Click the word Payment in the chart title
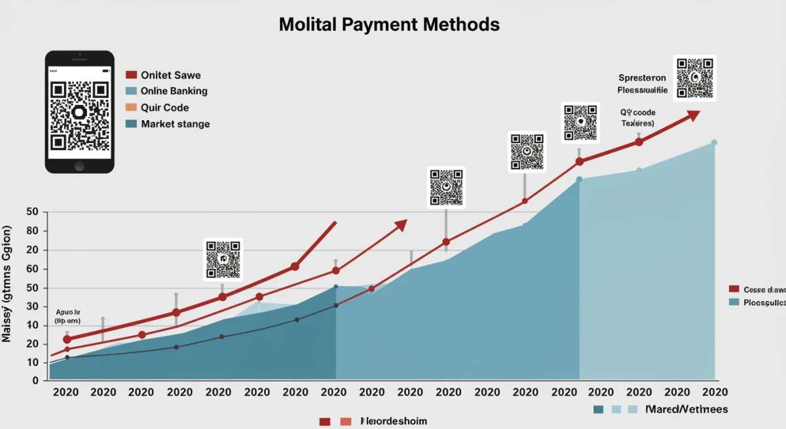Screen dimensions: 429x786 [377, 25]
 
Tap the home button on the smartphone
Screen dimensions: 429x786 [79, 165]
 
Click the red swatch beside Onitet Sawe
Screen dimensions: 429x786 [130, 75]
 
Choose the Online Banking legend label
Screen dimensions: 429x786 [174, 91]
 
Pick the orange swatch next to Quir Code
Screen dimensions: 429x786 [130, 108]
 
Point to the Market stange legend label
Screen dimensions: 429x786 [175, 124]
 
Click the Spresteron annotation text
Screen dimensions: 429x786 [642, 77]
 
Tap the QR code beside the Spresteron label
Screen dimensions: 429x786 [694, 77]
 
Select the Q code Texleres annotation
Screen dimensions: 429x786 [638, 118]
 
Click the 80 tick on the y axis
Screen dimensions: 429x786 [33, 231]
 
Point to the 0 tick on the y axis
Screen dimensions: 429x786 [35, 380]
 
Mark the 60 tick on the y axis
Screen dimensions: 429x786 [33, 269]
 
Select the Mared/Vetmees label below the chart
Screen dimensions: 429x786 [686, 409]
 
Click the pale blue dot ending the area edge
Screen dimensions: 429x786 [714, 142]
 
